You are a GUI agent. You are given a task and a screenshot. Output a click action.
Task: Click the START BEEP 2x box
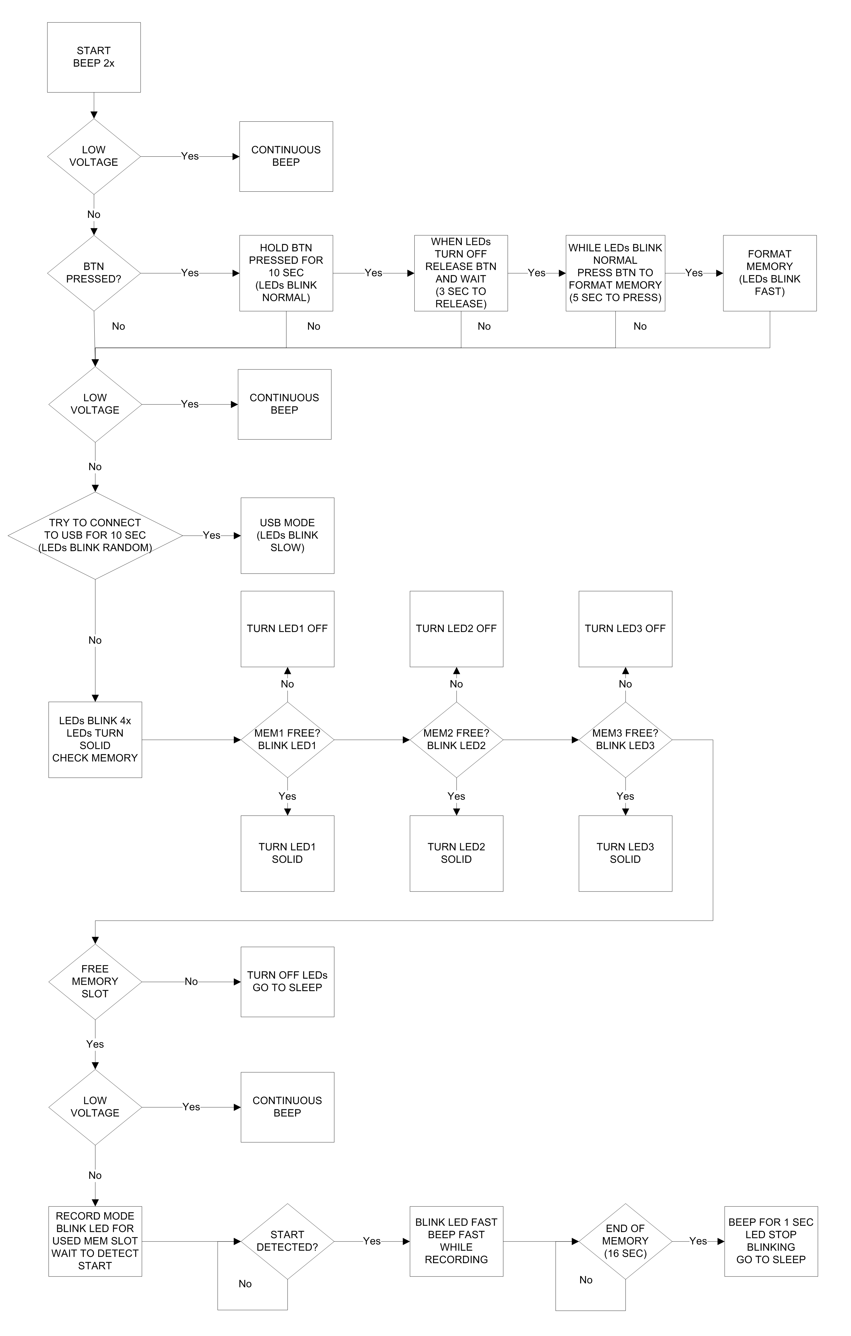click(94, 57)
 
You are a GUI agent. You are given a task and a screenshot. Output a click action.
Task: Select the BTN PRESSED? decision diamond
click(94, 273)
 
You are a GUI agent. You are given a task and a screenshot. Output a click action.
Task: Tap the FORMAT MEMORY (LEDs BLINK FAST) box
click(769, 273)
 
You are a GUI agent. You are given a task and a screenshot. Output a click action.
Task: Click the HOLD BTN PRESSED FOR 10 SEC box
click(286, 273)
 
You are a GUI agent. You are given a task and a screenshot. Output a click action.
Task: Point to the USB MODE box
click(287, 535)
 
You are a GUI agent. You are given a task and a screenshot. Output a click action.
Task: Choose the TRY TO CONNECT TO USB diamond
click(95, 535)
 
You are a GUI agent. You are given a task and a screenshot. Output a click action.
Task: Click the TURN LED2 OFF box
click(456, 629)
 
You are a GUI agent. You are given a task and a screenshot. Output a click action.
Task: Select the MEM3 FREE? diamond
click(625, 740)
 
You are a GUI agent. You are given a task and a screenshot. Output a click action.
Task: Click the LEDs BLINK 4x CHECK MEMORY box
click(95, 740)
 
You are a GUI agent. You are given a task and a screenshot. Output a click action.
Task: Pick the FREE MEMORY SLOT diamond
click(95, 982)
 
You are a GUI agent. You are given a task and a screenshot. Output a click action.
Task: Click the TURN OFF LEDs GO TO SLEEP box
click(287, 982)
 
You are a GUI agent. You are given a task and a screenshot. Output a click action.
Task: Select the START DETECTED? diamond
click(287, 1241)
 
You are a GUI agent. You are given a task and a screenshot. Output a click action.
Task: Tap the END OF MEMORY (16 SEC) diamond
click(625, 1241)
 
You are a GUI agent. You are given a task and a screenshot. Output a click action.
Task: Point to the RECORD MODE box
click(95, 1241)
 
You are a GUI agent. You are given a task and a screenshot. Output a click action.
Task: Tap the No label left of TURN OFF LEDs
click(191, 982)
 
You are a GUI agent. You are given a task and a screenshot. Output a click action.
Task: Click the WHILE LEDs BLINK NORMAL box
click(615, 273)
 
